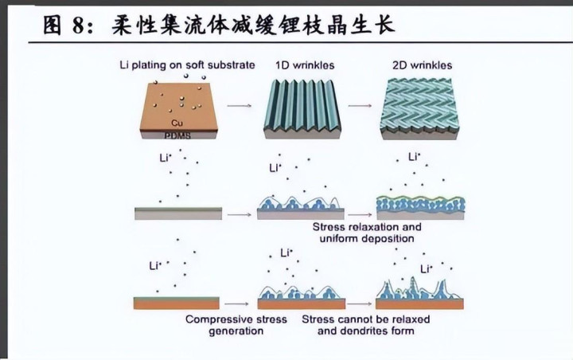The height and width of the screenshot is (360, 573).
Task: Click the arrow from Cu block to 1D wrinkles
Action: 239,104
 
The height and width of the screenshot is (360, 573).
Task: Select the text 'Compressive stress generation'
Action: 224,325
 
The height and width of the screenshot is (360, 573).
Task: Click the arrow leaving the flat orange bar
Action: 236,303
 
